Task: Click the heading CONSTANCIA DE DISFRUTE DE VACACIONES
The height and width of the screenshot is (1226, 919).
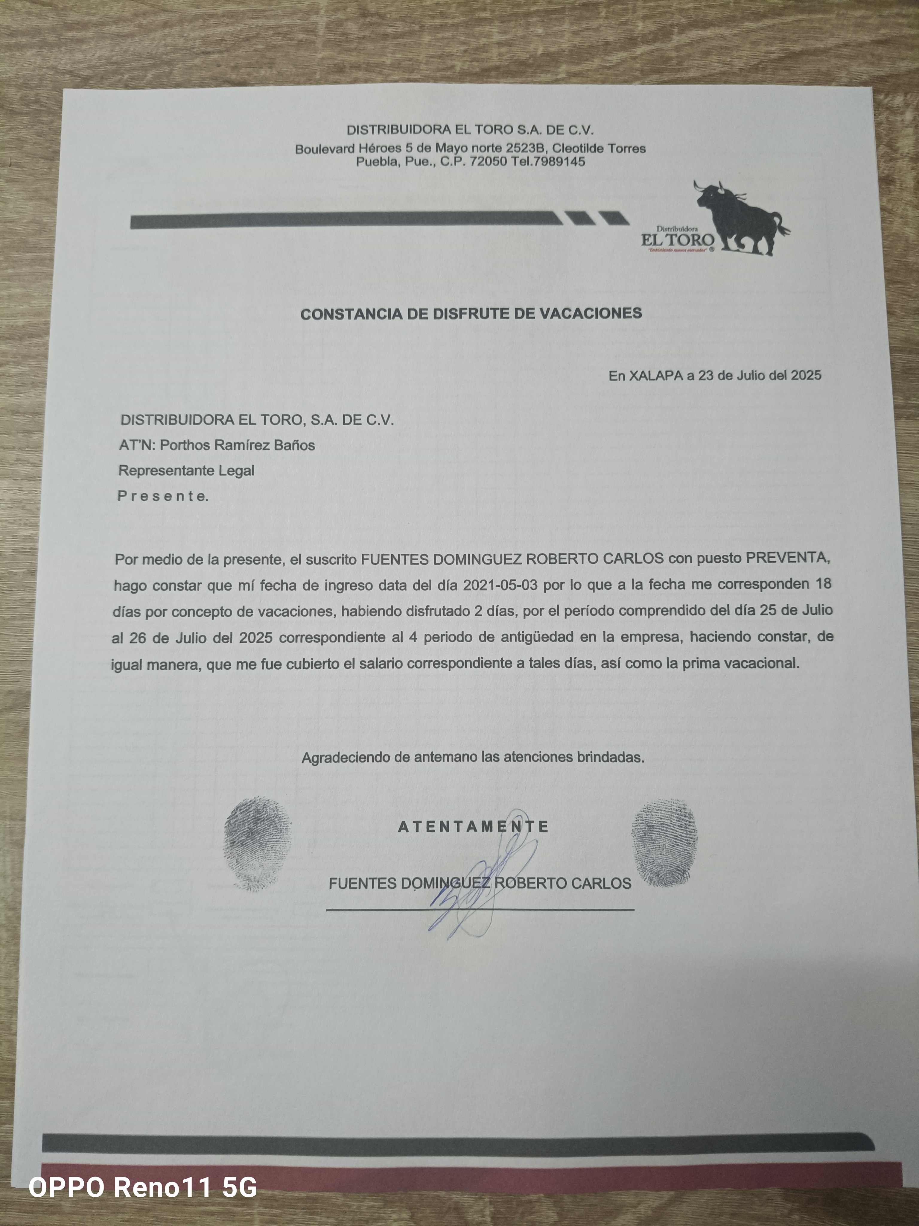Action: point(471,314)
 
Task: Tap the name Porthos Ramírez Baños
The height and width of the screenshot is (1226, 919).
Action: point(237,445)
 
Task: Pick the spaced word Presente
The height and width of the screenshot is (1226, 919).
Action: point(163,496)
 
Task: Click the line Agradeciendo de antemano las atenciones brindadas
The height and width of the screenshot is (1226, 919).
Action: point(473,757)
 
